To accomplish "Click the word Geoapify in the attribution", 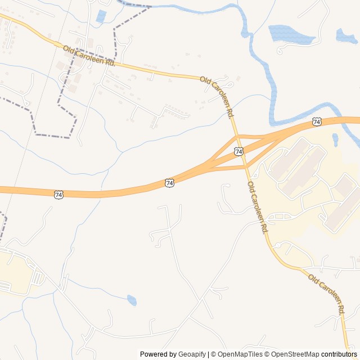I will tap(192, 354).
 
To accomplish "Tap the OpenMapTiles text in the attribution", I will tap(241, 354).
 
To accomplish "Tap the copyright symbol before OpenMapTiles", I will tap(214, 354).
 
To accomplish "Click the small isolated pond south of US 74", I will tap(132, 300).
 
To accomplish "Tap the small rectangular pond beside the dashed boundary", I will tap(101, 16).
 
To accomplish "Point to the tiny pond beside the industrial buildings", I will tap(336, 139).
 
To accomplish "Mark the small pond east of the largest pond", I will tap(346, 36).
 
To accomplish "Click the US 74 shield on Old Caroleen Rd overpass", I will tap(240, 151).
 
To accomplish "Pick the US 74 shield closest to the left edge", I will tap(59, 194).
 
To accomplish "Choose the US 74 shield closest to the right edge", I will tap(317, 121).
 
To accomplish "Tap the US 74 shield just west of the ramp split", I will tap(170, 183).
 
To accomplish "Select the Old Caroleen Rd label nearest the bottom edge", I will tap(326, 293).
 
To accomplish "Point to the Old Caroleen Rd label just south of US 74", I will tap(257, 208).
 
